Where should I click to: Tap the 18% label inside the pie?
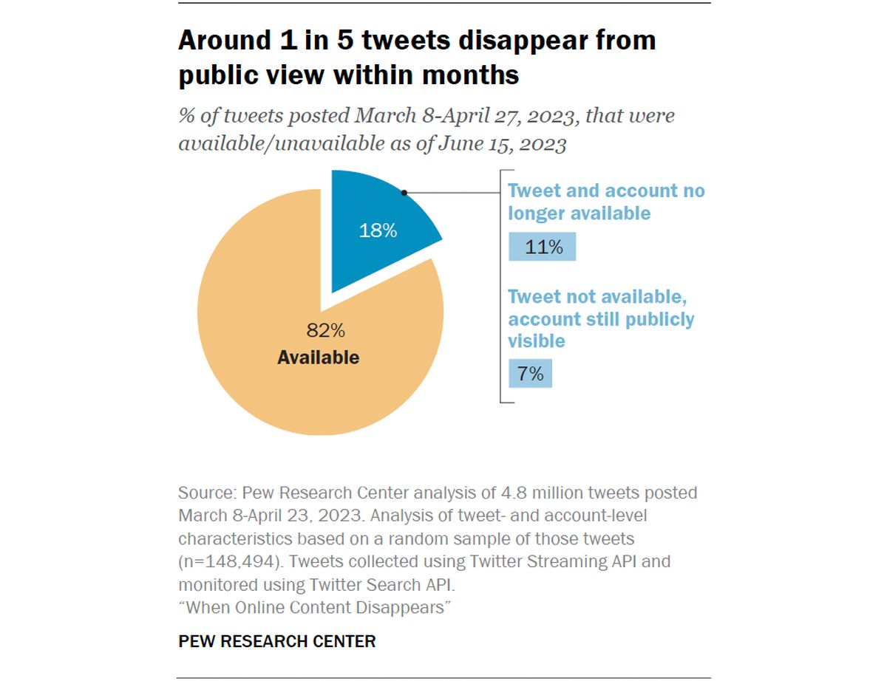tap(378, 230)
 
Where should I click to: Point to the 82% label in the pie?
tap(325, 330)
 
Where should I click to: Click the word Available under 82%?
tap(319, 357)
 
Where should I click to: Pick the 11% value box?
tap(542, 247)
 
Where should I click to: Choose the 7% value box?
tap(530, 373)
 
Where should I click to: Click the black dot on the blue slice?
tap(404, 193)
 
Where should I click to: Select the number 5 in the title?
tap(345, 41)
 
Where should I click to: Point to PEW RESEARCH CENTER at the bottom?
tap(276, 641)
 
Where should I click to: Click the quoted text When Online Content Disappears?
tap(314, 608)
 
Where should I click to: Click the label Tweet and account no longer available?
tap(606, 202)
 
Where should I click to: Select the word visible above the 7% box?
tap(537, 341)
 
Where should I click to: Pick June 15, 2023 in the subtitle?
tap(502, 143)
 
